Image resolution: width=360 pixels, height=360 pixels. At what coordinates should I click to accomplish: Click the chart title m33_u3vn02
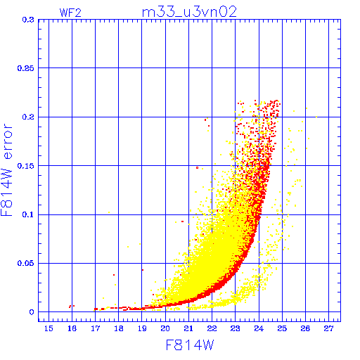(189, 12)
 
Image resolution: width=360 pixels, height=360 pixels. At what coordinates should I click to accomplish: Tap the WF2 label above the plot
(70, 13)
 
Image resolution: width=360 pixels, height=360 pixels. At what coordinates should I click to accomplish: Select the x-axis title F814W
(190, 345)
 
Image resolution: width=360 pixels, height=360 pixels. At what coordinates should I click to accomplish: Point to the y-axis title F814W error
(6, 170)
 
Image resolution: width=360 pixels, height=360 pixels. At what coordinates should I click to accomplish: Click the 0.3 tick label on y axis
(28, 20)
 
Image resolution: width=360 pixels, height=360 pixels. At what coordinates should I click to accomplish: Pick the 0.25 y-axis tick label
(26, 68)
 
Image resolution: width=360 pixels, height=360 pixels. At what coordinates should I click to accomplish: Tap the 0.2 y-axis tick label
(28, 117)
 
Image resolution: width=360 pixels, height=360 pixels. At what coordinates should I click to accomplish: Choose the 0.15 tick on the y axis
(26, 166)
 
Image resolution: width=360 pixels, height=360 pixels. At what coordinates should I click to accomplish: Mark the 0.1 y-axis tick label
(28, 214)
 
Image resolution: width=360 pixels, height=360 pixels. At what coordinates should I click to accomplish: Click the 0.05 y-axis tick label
(26, 263)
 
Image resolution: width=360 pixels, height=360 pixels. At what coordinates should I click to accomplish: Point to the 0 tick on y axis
(32, 312)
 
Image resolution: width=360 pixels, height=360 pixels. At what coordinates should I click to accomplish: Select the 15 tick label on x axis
(49, 328)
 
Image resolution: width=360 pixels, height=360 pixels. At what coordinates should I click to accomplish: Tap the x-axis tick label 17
(95, 328)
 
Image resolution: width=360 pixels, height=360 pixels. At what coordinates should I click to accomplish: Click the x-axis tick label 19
(142, 328)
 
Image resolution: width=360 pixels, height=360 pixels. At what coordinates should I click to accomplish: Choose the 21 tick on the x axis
(188, 328)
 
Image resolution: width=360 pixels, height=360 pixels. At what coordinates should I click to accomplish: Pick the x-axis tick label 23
(236, 328)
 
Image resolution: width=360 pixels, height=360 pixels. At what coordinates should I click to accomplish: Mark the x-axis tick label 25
(282, 328)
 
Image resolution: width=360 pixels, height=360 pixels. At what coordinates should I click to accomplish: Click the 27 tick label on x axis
(328, 328)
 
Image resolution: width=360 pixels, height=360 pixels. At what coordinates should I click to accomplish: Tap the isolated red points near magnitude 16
(72, 306)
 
